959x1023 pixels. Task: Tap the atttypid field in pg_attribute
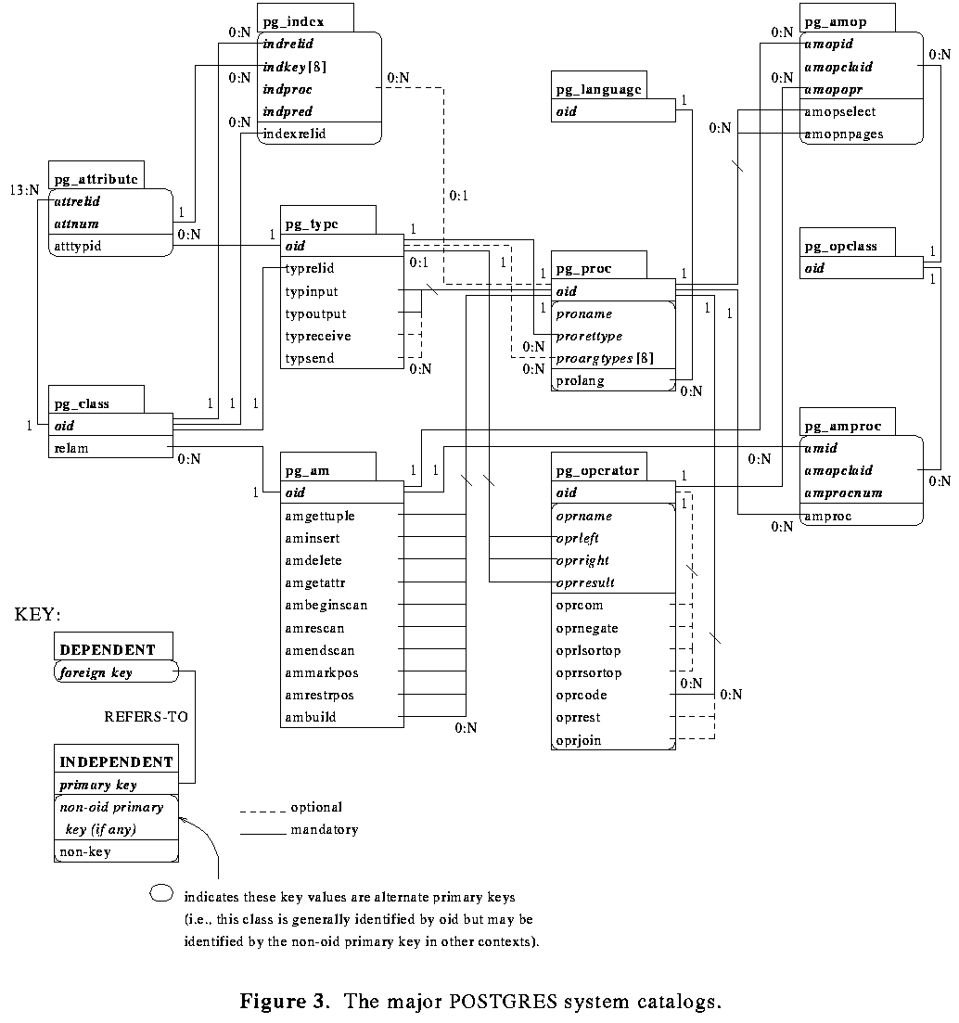(78, 246)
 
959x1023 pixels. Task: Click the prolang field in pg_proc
(579, 380)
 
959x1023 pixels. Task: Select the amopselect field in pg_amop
(839, 111)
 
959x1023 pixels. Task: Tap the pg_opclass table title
(840, 246)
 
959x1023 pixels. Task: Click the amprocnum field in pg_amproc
(843, 492)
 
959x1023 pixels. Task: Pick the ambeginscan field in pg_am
(326, 605)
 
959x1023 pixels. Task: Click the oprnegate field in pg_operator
(587, 628)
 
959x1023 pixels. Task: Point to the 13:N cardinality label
(25, 189)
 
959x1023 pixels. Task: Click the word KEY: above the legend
(38, 614)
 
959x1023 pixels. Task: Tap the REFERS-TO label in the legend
(139, 717)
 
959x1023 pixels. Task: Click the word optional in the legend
(316, 807)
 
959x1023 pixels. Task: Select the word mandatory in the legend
(324, 829)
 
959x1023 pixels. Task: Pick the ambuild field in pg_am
(311, 717)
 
